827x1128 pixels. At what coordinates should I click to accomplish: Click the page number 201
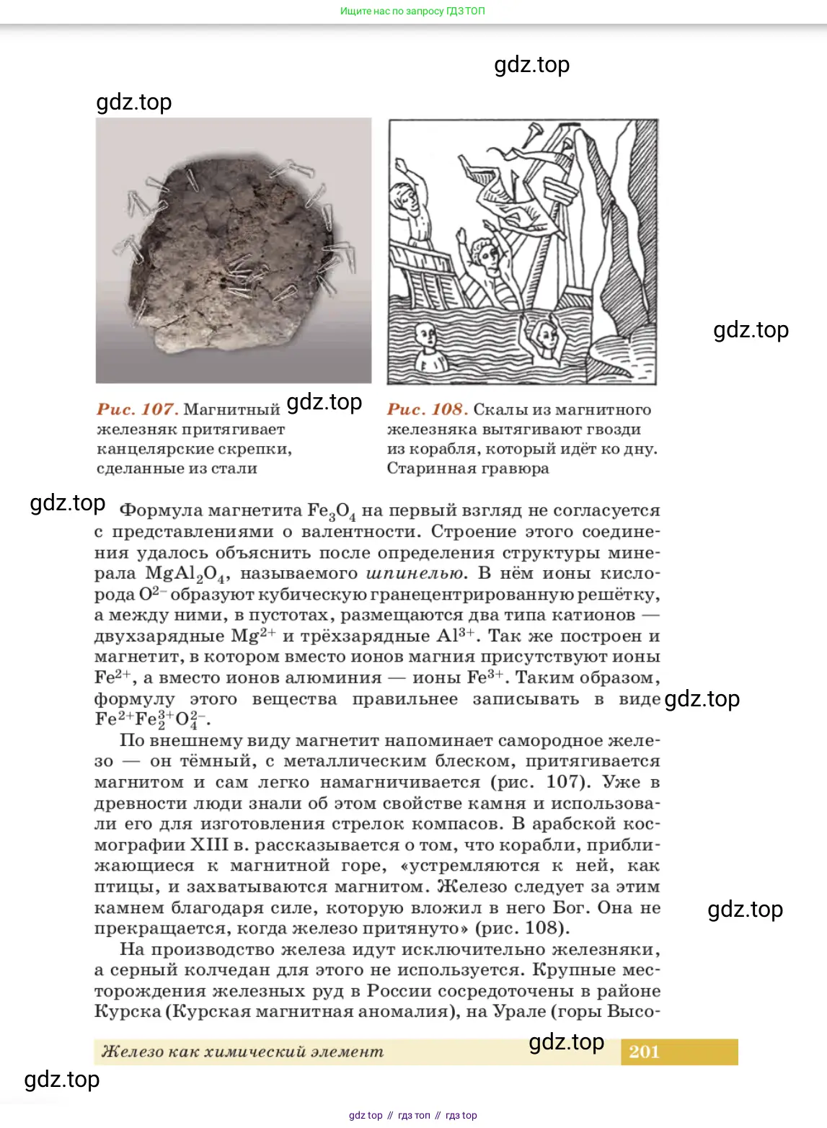(x=644, y=1052)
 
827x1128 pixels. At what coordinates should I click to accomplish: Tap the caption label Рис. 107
(x=137, y=409)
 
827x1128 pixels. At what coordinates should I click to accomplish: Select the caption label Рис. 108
(x=428, y=409)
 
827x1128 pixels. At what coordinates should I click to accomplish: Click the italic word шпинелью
(x=415, y=574)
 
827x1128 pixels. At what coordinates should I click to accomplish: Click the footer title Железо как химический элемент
(x=242, y=1052)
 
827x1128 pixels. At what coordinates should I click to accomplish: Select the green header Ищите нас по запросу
(x=412, y=11)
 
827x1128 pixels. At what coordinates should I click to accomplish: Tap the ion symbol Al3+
(x=456, y=636)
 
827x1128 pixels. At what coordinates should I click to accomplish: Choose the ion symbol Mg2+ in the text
(x=253, y=636)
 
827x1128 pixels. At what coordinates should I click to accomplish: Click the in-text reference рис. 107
(x=539, y=782)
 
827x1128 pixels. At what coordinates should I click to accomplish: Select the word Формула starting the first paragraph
(x=160, y=510)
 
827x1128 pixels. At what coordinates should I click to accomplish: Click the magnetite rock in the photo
(x=231, y=252)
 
